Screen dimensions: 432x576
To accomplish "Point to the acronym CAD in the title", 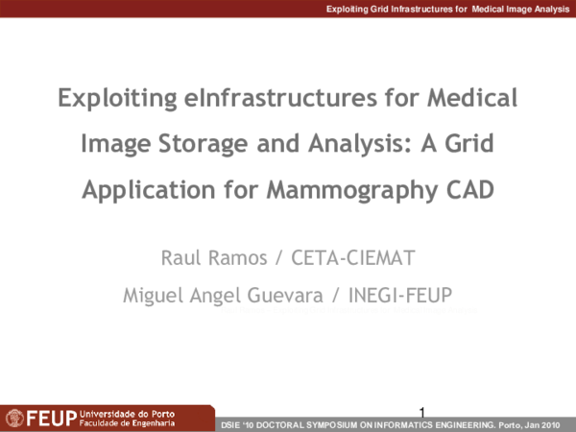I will pyautogui.click(x=469, y=189).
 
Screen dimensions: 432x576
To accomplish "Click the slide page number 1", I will pyautogui.click(x=421, y=412).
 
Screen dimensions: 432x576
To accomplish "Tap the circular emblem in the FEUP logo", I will pyautogui.click(x=14, y=419).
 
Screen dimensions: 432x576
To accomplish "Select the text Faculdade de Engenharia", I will pyautogui.click(x=127, y=422).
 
